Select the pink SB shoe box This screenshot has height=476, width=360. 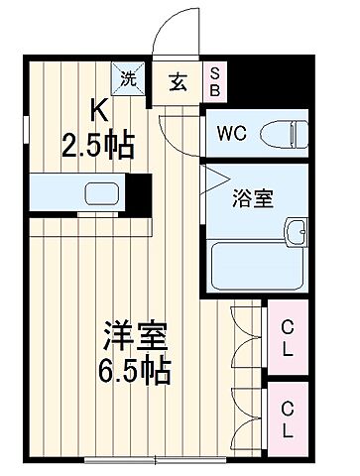tap(214, 80)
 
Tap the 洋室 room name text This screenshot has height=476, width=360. tap(134, 337)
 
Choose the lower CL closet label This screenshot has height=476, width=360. tap(287, 417)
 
